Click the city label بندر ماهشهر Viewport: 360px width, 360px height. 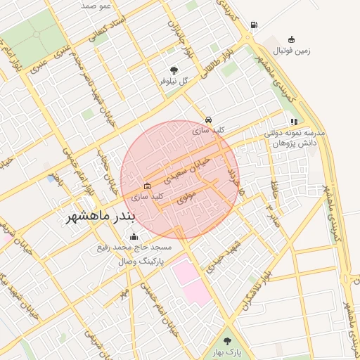click(x=99, y=217)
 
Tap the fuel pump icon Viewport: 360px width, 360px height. click(x=253, y=25)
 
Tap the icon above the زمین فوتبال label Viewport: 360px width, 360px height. click(x=291, y=39)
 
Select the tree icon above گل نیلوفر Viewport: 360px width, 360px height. click(x=174, y=70)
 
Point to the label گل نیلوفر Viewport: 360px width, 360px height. click(x=174, y=82)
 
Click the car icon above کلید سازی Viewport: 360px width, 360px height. click(x=209, y=120)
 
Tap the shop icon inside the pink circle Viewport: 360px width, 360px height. click(x=146, y=186)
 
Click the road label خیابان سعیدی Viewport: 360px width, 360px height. click(x=192, y=167)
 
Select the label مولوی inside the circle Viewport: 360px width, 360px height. click(x=186, y=199)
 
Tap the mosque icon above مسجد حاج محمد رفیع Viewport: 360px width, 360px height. click(x=134, y=237)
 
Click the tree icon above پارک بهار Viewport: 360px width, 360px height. click(x=226, y=340)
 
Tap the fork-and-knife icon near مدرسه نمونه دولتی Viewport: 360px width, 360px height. click(x=294, y=122)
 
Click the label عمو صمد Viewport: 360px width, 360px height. click(x=96, y=5)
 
